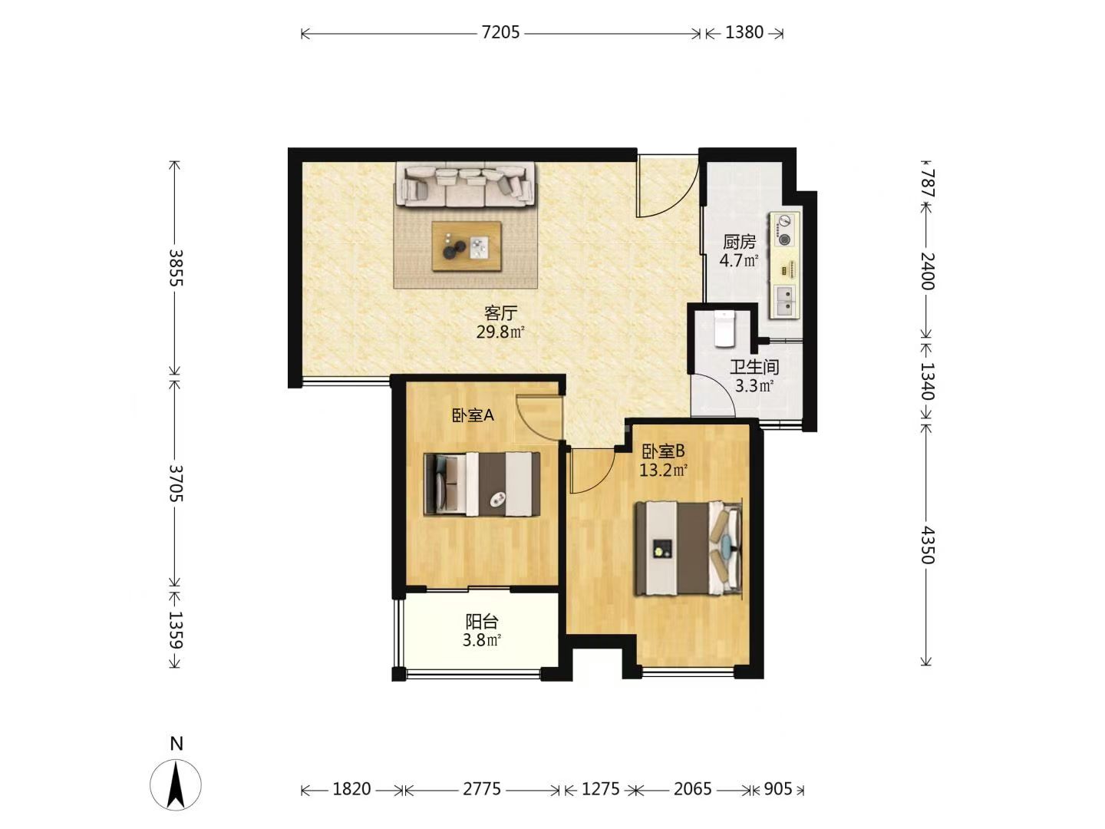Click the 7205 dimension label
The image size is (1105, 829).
click(x=500, y=33)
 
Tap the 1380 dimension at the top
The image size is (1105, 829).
click(x=744, y=33)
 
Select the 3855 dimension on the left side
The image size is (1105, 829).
click(x=176, y=267)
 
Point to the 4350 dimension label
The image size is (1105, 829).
click(x=926, y=545)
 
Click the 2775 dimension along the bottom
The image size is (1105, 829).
click(x=482, y=789)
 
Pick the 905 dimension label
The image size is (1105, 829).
click(x=777, y=789)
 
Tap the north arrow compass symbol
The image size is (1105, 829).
click(x=176, y=784)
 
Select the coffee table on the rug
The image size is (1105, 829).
click(x=466, y=246)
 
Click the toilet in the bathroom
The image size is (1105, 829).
click(x=724, y=329)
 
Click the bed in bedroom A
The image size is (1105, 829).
click(x=482, y=484)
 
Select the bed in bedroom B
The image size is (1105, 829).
click(x=688, y=549)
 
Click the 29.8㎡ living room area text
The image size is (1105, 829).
click(x=500, y=332)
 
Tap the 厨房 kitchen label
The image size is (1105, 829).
click(x=739, y=242)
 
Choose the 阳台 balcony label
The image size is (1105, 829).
click(x=481, y=622)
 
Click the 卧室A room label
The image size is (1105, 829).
click(x=473, y=416)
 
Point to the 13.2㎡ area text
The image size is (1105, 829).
click(x=664, y=470)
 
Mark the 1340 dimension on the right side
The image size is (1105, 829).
click(x=926, y=381)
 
